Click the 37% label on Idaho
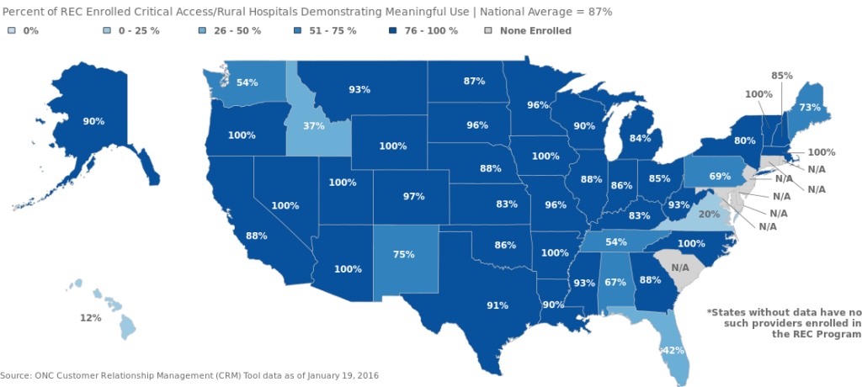pyautogui.click(x=314, y=126)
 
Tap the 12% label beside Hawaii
pyautogui.click(x=91, y=318)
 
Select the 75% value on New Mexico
pyautogui.click(x=404, y=254)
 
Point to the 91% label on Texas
pyautogui.click(x=498, y=305)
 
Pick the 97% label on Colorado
pyautogui.click(x=413, y=196)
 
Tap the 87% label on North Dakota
pyautogui.click(x=474, y=81)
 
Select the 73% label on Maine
pyautogui.click(x=810, y=108)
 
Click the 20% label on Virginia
pyautogui.click(x=709, y=215)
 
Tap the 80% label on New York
pyautogui.click(x=744, y=140)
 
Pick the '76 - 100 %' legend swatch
pyautogui.click(x=391, y=31)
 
